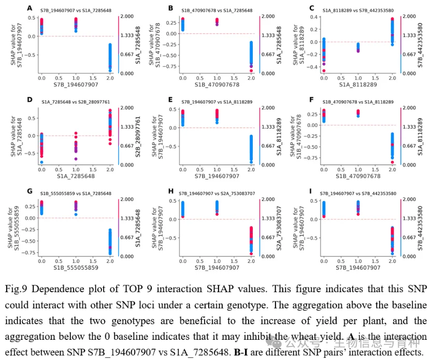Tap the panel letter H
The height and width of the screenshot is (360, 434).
[x=171, y=192]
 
